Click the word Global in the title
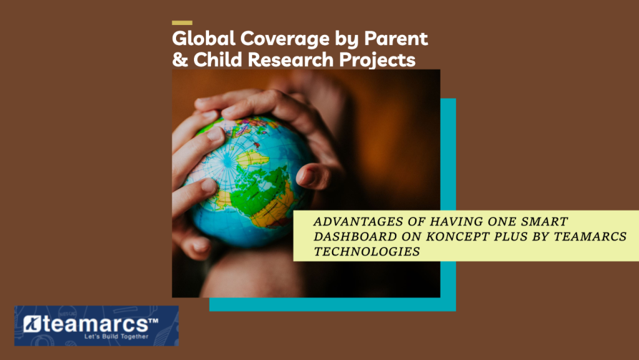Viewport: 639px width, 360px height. [x=204, y=38]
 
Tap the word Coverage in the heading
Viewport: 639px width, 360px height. [x=285, y=38]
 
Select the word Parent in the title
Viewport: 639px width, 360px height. [x=396, y=38]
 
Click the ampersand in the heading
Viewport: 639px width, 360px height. [x=180, y=59]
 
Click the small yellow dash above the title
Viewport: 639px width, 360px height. [x=182, y=23]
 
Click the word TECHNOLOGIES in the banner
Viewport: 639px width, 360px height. [x=367, y=251]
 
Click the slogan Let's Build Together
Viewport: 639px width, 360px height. [x=116, y=336]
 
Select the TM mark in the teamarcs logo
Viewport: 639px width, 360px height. [x=153, y=321]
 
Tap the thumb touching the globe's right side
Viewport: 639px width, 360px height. [x=313, y=177]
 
